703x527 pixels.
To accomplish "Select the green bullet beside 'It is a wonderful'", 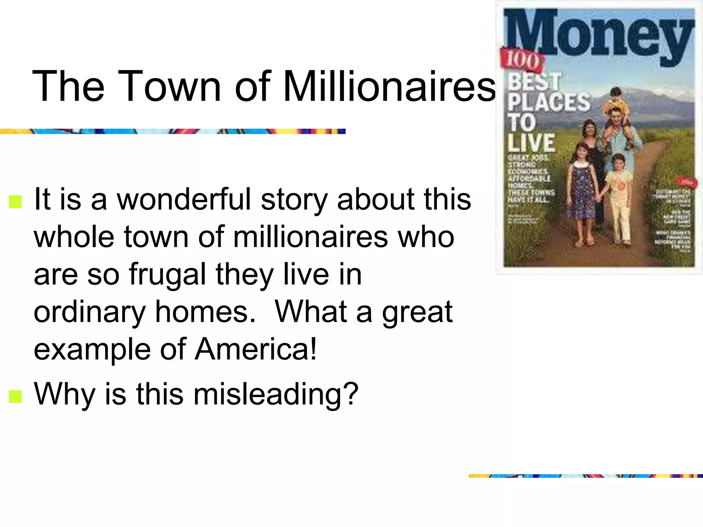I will (15, 201).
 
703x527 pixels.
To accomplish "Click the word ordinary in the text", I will (90, 312).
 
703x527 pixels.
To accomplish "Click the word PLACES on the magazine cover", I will (549, 102).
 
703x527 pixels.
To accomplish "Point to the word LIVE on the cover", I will (531, 142).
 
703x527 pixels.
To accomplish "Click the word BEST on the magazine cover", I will (534, 82).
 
